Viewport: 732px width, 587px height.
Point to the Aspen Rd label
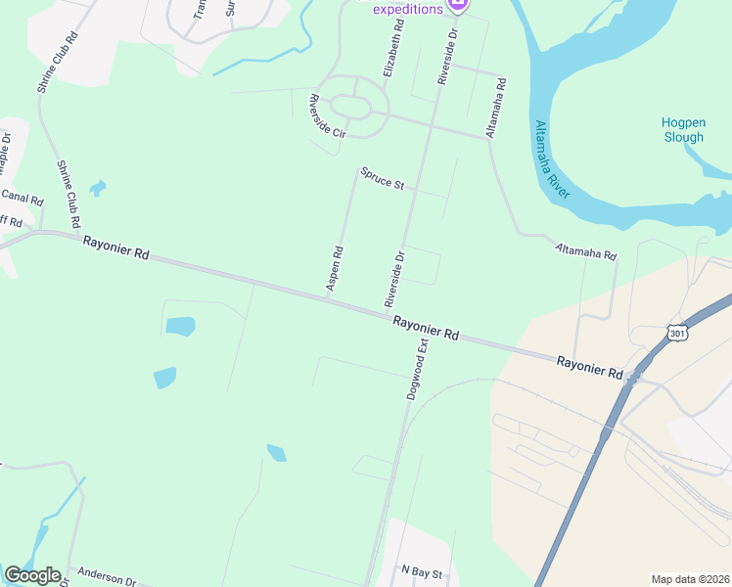335,266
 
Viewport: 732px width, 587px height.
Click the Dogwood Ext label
418,371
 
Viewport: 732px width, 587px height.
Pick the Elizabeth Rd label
394,48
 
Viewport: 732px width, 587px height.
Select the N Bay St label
422,569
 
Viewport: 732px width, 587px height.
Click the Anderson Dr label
107,577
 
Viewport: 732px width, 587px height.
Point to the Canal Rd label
22,199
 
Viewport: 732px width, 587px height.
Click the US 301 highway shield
676,334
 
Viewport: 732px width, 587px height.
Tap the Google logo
32,575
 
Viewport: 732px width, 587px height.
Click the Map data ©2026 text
690,579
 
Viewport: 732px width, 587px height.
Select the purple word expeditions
407,9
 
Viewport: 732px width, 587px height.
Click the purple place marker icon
457,6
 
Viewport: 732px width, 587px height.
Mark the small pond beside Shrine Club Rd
97,187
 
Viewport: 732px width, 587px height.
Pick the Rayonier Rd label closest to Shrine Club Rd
115,248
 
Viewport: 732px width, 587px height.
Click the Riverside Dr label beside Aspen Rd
393,279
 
